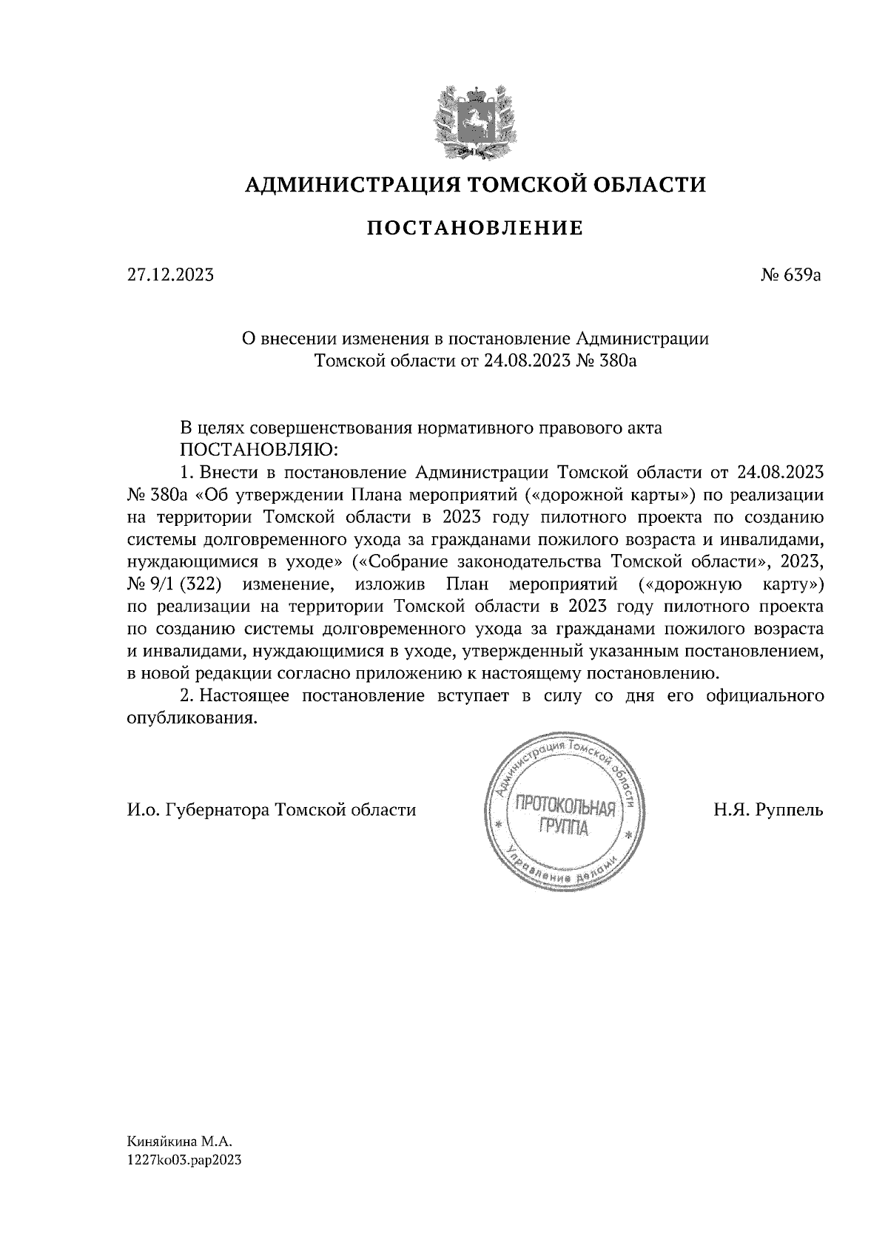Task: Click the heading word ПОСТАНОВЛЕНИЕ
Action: click(475, 227)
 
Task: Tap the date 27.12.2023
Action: click(170, 276)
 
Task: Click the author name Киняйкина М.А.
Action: click(174, 1144)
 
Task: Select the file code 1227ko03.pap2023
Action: click(185, 1161)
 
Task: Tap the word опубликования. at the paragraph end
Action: click(192, 718)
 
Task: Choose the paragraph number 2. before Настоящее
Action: click(186, 696)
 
